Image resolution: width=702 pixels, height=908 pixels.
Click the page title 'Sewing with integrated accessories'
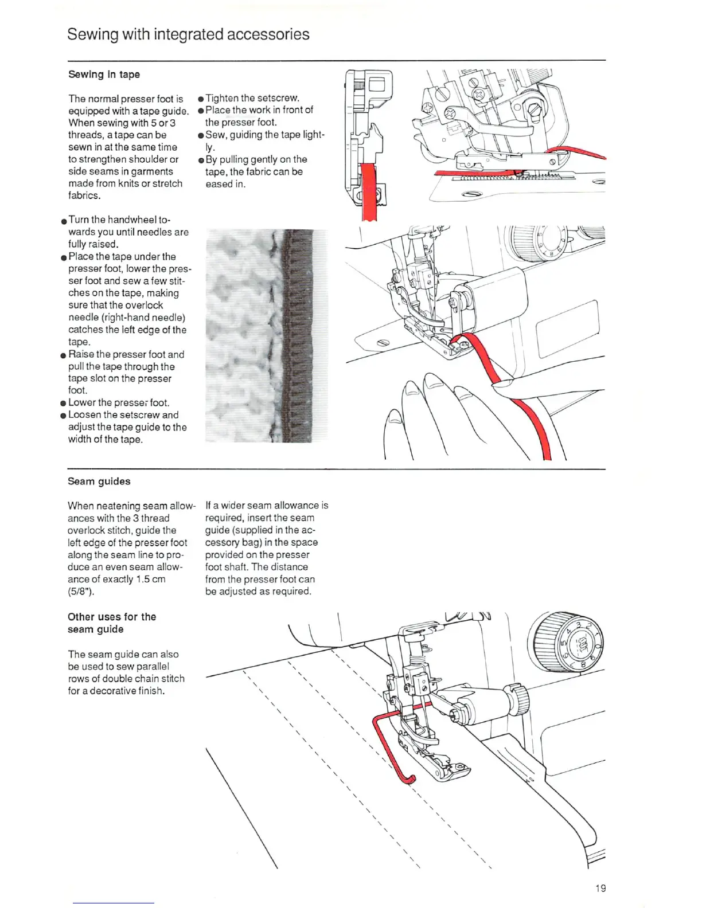pos(188,34)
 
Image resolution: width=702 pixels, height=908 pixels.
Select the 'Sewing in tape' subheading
pos(104,75)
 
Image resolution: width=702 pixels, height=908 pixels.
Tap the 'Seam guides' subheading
pos(99,482)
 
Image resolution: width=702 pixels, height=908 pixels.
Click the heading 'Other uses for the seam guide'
pos(112,623)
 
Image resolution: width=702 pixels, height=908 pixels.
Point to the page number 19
pos(600,888)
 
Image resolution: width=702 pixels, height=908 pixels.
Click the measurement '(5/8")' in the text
pos(81,592)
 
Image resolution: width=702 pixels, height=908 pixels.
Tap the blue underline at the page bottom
pos(113,903)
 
